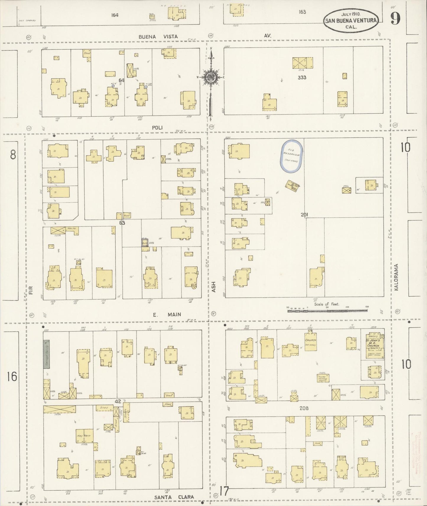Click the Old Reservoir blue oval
pyautogui.click(x=291, y=156)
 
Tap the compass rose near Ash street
pyautogui.click(x=211, y=77)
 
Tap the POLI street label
pyautogui.click(x=158, y=128)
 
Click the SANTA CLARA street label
pyautogui.click(x=174, y=497)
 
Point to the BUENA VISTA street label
pyautogui.click(x=158, y=37)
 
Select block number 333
pyautogui.click(x=302, y=78)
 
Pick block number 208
pyautogui.click(x=304, y=408)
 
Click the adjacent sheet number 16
pyautogui.click(x=12, y=377)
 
